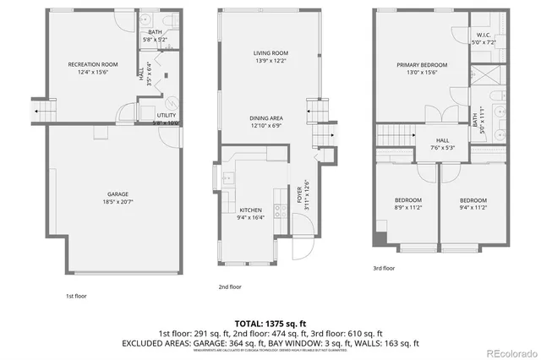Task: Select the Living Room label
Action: [x=271, y=57]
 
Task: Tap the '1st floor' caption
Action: [x=75, y=296]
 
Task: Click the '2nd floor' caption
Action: [x=230, y=286]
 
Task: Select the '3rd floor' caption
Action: [x=384, y=268]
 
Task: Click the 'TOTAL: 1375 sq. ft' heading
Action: [x=270, y=324]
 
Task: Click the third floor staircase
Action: [x=393, y=134]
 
